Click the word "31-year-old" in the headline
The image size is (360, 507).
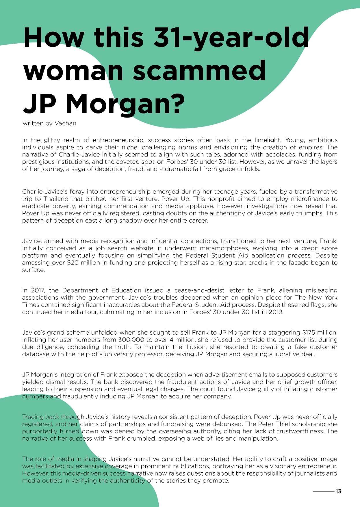[231, 38]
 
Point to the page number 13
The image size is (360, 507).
[338, 491]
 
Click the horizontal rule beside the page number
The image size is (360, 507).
[323, 491]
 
